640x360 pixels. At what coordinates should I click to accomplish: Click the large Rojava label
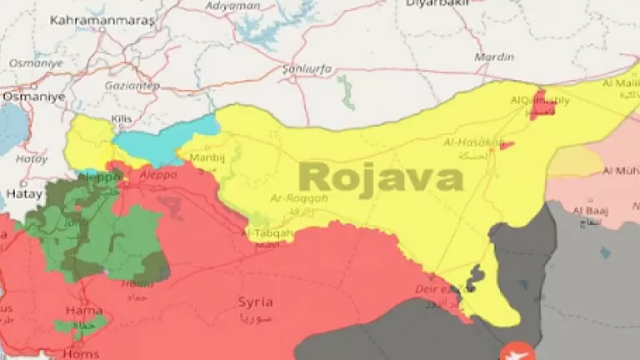coord(380,177)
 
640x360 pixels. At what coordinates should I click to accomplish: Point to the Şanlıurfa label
coord(307,67)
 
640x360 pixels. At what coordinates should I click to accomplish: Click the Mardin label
coord(494,57)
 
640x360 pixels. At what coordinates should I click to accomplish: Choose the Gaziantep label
coord(132,85)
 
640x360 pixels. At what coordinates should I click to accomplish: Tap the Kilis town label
coord(122,120)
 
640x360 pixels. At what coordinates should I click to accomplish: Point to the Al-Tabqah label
coord(269,233)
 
